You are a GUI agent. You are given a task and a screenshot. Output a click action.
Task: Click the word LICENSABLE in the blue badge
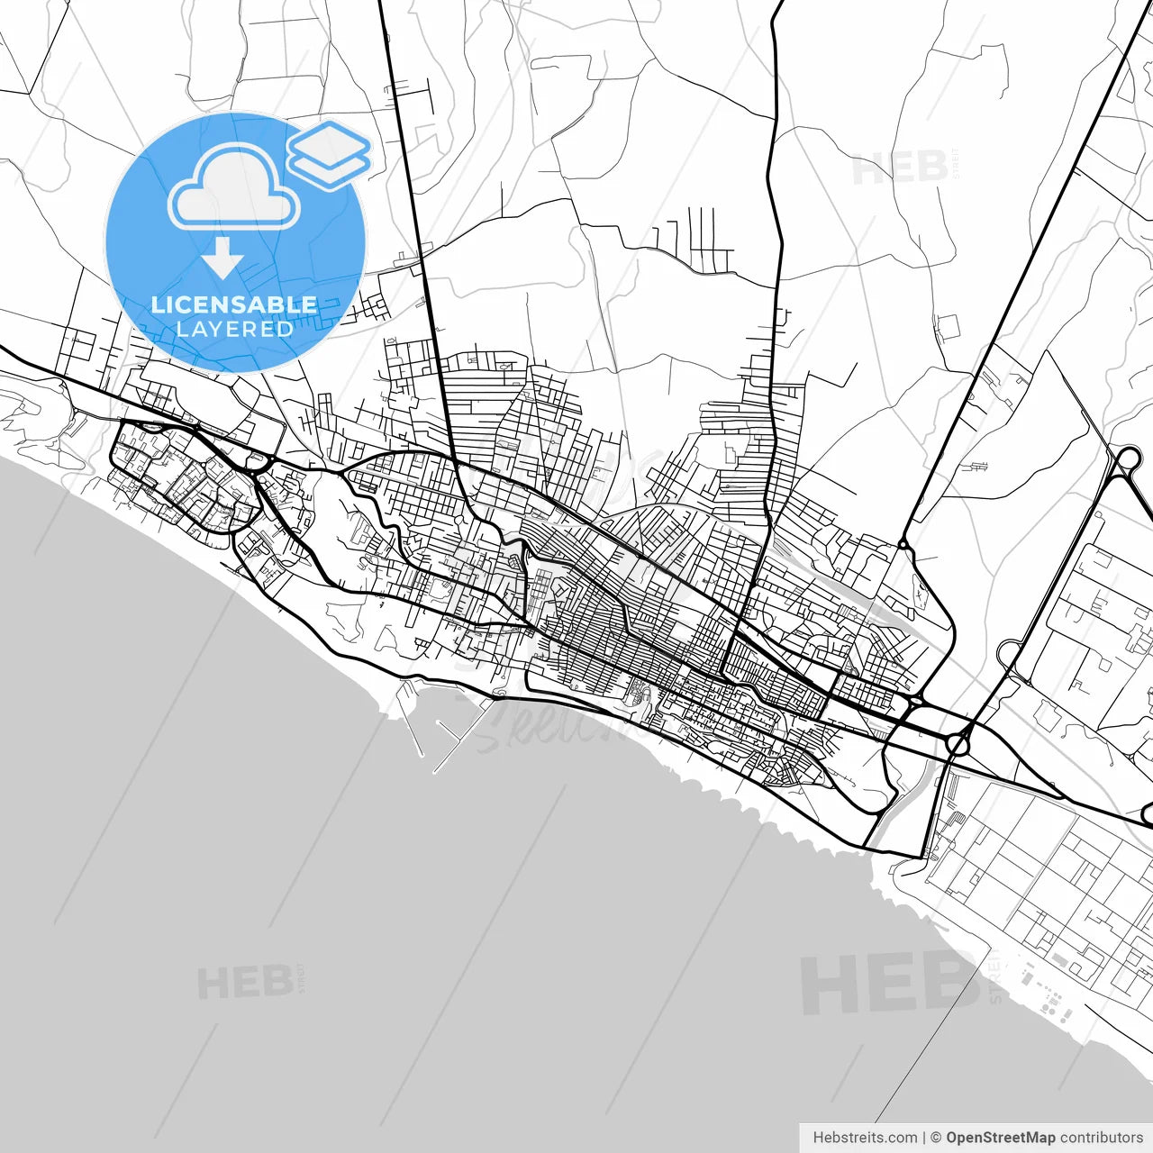[234, 304]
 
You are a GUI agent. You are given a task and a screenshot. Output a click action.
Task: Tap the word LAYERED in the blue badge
[234, 329]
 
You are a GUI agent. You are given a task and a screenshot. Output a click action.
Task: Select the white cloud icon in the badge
[234, 189]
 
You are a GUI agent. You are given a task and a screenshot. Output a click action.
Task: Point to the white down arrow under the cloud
[222, 259]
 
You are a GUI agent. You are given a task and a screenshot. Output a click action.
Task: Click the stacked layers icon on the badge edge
[330, 155]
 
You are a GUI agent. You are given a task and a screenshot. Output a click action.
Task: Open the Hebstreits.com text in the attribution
[865, 1138]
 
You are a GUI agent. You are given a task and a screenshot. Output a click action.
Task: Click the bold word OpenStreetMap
[1001, 1138]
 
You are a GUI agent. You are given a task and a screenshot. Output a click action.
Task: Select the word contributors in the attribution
[1102, 1138]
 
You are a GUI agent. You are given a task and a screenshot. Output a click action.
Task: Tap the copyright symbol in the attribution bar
[936, 1138]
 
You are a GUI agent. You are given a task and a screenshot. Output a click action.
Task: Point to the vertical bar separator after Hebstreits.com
[924, 1138]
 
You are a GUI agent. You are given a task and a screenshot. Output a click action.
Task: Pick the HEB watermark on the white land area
[898, 168]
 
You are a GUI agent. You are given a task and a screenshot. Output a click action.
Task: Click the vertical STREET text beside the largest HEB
[994, 977]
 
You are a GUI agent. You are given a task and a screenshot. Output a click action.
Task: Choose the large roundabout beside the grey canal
[958, 742]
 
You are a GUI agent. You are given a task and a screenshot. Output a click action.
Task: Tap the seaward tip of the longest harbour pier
[436, 771]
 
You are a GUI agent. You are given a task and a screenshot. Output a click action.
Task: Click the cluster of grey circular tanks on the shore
[1049, 1000]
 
